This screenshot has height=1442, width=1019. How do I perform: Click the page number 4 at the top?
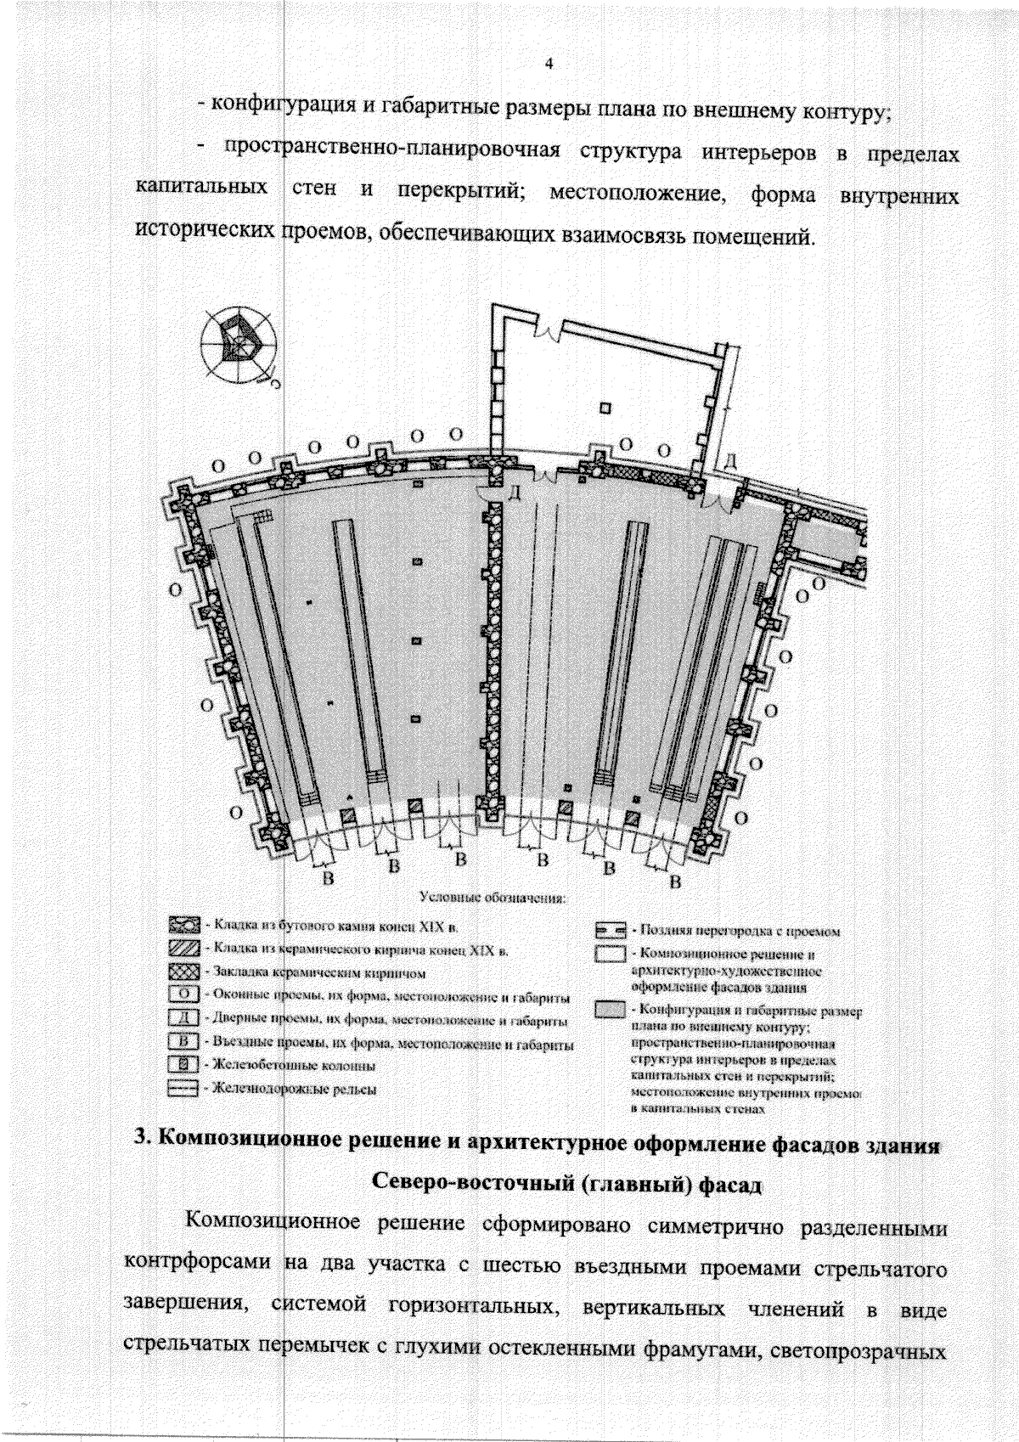(549, 65)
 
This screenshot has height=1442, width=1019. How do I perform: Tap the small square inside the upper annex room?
(605, 408)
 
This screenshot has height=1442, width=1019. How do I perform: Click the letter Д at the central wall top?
(513, 494)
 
